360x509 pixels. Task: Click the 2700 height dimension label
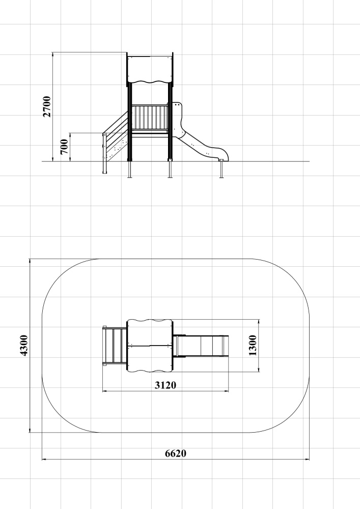47,106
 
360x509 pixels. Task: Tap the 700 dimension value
64,147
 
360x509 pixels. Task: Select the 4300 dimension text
24,346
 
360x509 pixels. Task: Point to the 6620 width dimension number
176,453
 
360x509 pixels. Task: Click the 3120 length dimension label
165,385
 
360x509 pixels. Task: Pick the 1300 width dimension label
253,346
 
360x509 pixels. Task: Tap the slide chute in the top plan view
201,346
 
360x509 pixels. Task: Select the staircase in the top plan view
115,346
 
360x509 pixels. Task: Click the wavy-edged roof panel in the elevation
150,69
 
